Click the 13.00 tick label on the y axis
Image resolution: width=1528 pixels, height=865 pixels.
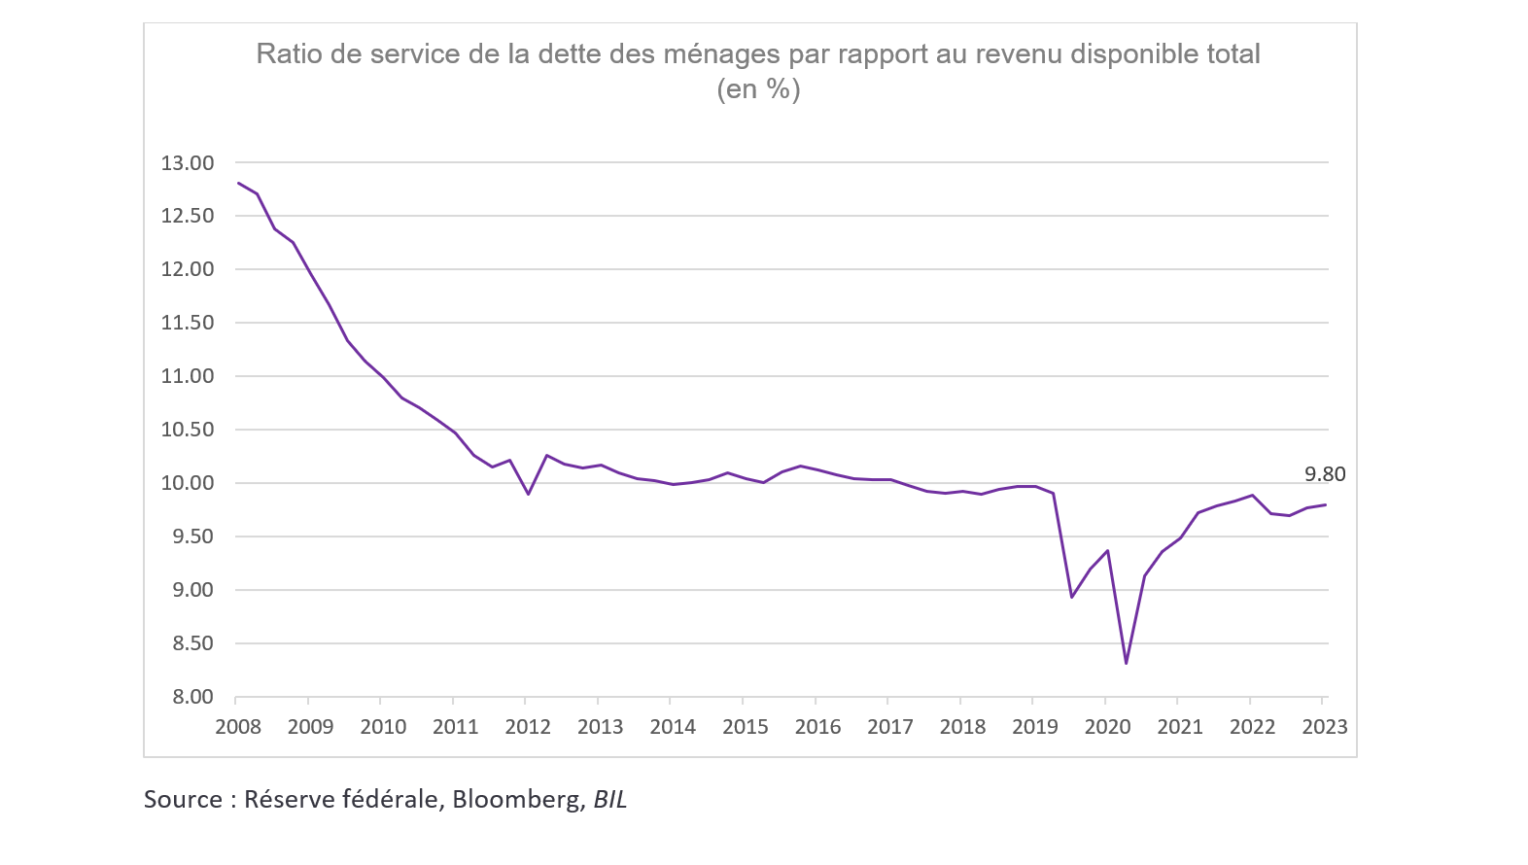pos(187,163)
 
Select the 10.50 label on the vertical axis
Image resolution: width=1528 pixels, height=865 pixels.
pos(187,430)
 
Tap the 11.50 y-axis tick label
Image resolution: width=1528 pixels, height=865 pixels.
pos(187,323)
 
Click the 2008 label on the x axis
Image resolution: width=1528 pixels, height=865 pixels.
pos(238,727)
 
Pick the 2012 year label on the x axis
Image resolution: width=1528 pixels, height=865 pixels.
pos(528,727)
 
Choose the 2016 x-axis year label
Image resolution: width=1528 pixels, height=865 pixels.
pos(817,727)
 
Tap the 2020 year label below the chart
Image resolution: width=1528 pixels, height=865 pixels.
pos(1107,727)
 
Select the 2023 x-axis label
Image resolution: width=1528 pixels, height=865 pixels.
pos(1324,727)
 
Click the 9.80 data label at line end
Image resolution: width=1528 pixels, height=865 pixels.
pos(1325,474)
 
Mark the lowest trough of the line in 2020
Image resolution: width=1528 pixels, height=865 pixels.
pos(1126,663)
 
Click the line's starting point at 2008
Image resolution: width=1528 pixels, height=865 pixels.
pos(239,183)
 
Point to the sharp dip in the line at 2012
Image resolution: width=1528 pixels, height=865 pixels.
pos(528,494)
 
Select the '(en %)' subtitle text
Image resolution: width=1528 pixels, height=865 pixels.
pos(758,89)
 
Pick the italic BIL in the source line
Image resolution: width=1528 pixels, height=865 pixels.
pos(610,799)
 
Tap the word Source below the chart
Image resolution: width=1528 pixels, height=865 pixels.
pos(183,799)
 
